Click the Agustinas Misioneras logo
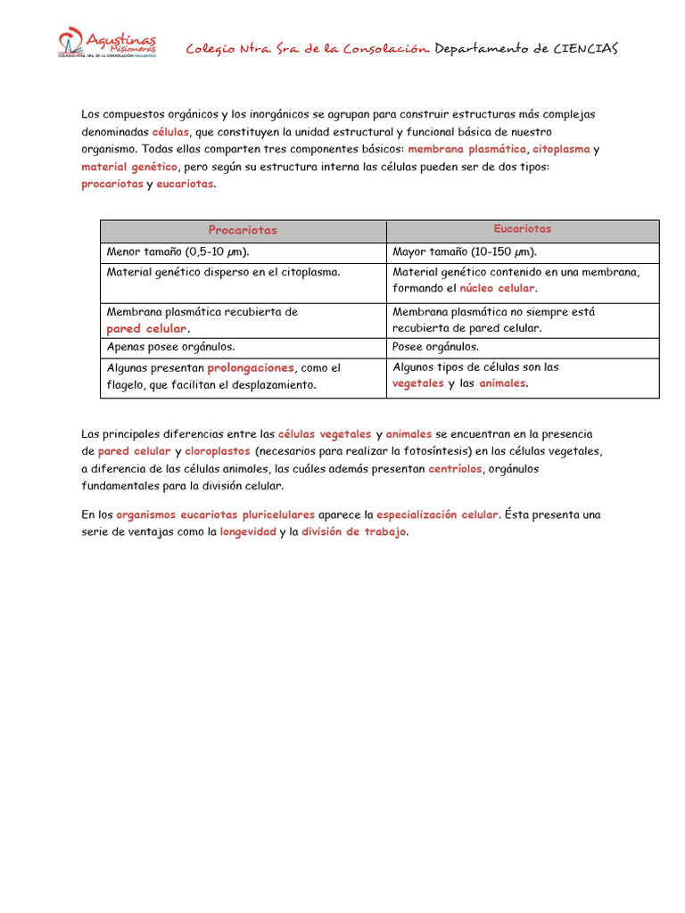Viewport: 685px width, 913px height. click(106, 43)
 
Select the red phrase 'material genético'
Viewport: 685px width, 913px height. click(129, 167)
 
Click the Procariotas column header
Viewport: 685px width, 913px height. click(243, 230)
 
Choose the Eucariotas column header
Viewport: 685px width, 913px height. click(523, 229)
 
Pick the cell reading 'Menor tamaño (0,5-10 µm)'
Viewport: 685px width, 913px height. click(177, 252)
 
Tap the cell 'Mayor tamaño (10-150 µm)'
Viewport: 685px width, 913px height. click(465, 252)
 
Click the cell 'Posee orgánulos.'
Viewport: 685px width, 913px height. click(435, 347)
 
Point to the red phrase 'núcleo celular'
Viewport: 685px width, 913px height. click(497, 289)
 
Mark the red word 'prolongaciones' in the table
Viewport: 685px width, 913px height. click(251, 367)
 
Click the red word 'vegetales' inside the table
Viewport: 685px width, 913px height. click(418, 383)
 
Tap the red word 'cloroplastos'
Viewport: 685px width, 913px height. click(218, 451)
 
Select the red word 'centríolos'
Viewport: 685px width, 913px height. click(455, 468)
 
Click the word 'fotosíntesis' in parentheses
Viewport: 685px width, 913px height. click(431, 451)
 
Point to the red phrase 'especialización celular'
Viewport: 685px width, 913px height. click(437, 514)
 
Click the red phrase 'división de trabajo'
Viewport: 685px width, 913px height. click(353, 531)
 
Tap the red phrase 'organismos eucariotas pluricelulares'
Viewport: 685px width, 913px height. click(215, 514)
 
